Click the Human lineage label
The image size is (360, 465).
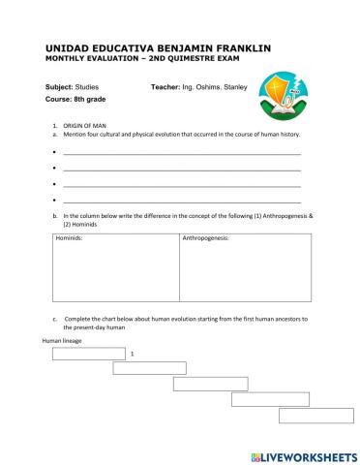pyautogui.click(x=61, y=341)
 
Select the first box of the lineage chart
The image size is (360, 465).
pyautogui.click(x=89, y=354)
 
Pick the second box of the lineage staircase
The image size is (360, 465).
pyautogui.click(x=149, y=368)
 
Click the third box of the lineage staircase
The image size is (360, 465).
pyautogui.click(x=210, y=384)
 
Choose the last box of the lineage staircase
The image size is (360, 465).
pyautogui.click(x=315, y=415)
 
